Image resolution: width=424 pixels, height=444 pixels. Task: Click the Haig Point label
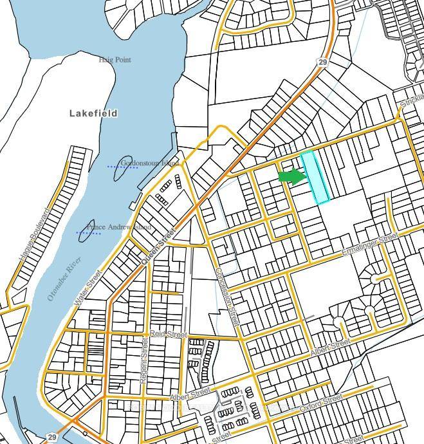coord(115,60)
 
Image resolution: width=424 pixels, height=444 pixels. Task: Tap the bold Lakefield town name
coord(93,113)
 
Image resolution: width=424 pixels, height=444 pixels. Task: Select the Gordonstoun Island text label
coord(149,163)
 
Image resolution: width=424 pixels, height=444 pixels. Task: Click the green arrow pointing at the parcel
coord(291,176)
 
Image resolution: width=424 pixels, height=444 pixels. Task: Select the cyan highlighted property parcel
coord(315,178)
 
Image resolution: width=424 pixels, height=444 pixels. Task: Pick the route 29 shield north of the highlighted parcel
coord(323,62)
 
